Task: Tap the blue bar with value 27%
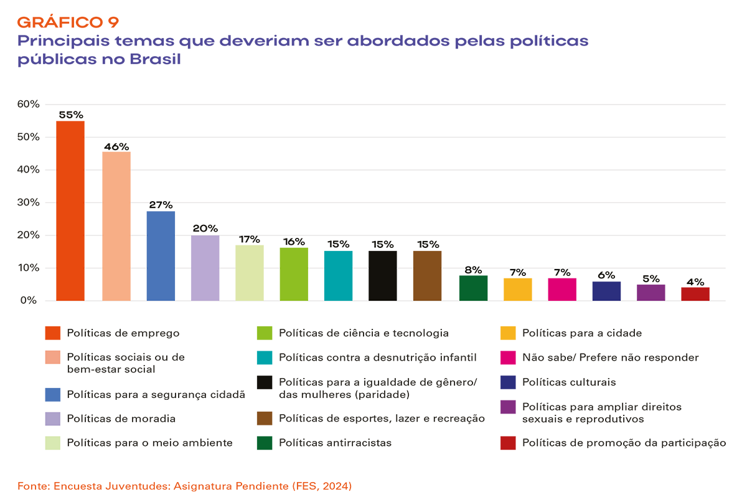[x=161, y=256]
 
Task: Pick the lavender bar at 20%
[x=205, y=268]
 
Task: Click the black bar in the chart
[x=383, y=276]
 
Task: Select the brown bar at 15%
[x=427, y=276]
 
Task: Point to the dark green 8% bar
[x=473, y=288]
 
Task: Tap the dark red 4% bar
[x=695, y=294]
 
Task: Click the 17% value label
[x=250, y=239]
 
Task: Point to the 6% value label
[x=606, y=275]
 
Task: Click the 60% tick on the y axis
[x=29, y=104]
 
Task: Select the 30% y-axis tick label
[x=29, y=202]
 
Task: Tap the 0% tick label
[x=31, y=301]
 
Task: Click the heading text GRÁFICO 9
[x=68, y=22]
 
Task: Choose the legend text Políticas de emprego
[x=123, y=333]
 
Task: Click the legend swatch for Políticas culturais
[x=508, y=382]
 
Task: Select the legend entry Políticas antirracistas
[x=335, y=443]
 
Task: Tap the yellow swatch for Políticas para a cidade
[x=508, y=333]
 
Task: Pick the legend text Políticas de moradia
[x=121, y=419]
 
